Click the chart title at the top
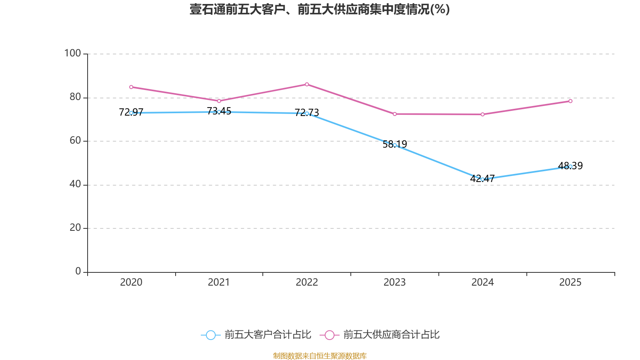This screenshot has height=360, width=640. pyautogui.click(x=320, y=9)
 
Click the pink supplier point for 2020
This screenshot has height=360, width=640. pyautogui.click(x=131, y=87)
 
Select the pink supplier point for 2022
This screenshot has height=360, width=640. pyautogui.click(x=307, y=84)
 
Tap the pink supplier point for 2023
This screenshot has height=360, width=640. pyautogui.click(x=395, y=114)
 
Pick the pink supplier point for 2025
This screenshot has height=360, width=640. pyautogui.click(x=570, y=101)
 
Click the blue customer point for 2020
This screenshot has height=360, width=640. pyautogui.click(x=131, y=113)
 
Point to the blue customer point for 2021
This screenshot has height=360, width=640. pyautogui.click(x=219, y=112)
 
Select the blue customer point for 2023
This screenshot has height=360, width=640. pyautogui.click(x=395, y=145)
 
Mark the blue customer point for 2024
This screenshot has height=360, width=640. pyautogui.click(x=482, y=179)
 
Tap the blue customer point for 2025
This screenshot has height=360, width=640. pyautogui.click(x=570, y=166)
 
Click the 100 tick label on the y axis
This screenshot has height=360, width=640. pyautogui.click(x=72, y=53)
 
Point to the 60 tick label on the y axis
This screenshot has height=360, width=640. pyautogui.click(x=75, y=141)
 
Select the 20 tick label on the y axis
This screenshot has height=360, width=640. pyautogui.click(x=75, y=228)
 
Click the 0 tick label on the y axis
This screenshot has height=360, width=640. pyautogui.click(x=78, y=272)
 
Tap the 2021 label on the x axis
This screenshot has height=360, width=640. pyautogui.click(x=219, y=282)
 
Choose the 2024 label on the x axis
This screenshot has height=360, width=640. pyautogui.click(x=482, y=282)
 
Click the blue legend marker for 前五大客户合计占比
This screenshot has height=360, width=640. pyautogui.click(x=210, y=335)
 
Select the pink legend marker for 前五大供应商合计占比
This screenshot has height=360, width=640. pyautogui.click(x=329, y=335)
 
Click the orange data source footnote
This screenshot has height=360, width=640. pyautogui.click(x=320, y=356)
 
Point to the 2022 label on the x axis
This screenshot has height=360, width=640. pyautogui.click(x=307, y=282)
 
